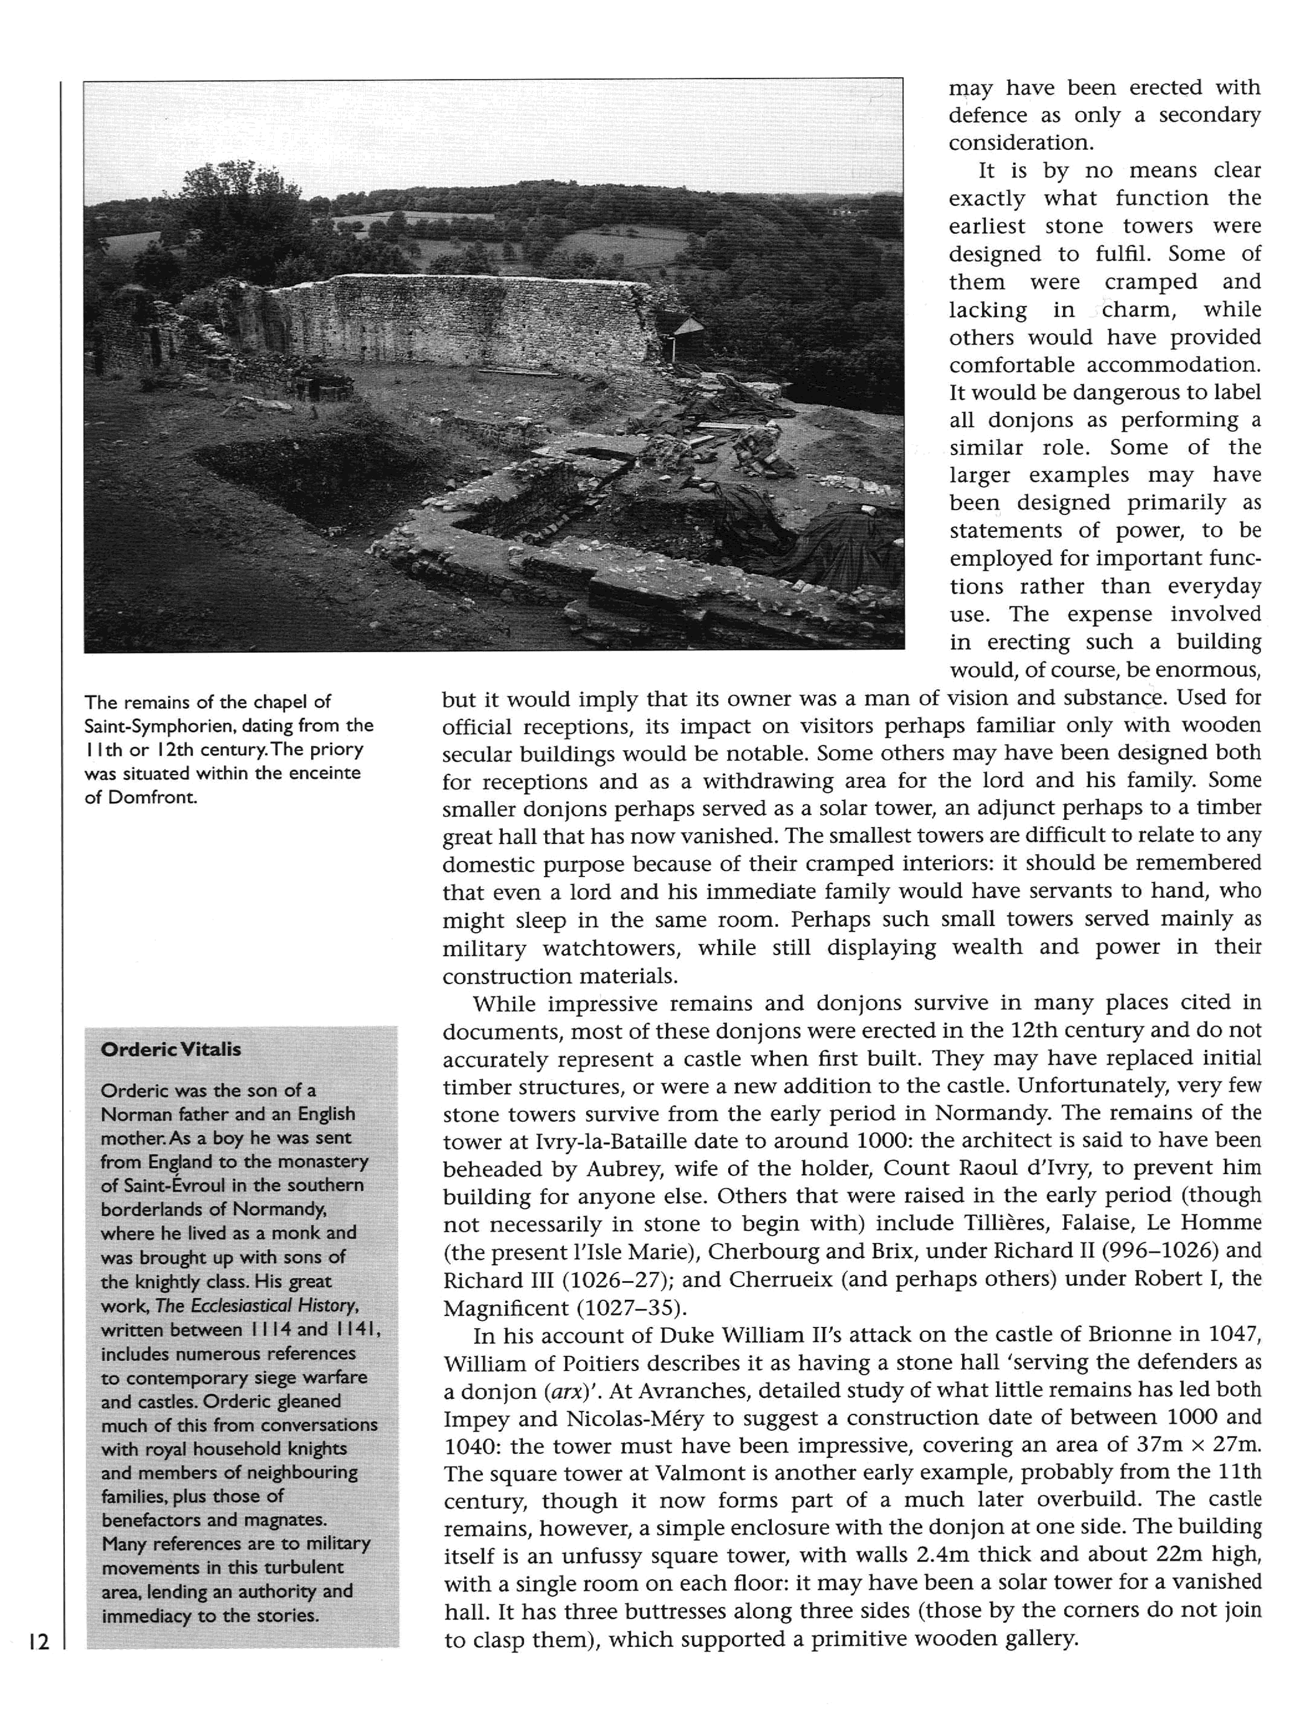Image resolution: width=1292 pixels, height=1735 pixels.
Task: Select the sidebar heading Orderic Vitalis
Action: click(x=170, y=1049)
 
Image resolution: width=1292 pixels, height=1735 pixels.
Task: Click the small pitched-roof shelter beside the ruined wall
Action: click(x=688, y=327)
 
